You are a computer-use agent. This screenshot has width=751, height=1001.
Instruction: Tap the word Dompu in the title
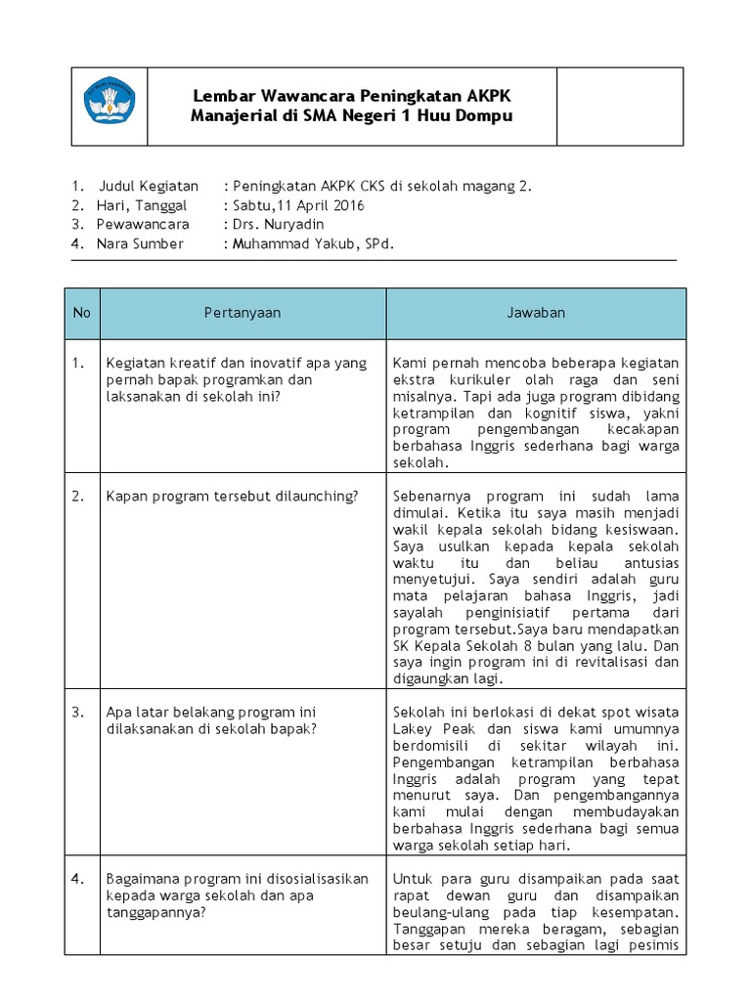coord(486,115)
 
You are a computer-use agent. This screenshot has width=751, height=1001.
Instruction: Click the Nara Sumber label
coord(139,244)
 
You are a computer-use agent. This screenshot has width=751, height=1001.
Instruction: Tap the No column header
coord(81,313)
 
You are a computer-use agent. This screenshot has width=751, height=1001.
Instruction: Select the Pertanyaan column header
coord(243,313)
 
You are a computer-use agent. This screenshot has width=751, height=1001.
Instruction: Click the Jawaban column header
coord(536,313)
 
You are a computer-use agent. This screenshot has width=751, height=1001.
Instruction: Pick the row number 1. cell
coord(79,363)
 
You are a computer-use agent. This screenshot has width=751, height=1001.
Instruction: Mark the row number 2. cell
coord(79,496)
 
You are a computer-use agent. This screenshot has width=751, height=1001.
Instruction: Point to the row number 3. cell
coord(79,712)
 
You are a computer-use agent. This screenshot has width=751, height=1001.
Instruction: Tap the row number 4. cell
coord(79,879)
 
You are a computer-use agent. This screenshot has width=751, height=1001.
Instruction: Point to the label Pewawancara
coord(143,225)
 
